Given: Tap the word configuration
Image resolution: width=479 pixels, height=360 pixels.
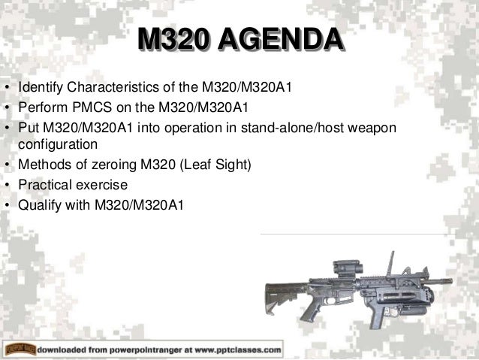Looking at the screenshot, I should tap(58, 143).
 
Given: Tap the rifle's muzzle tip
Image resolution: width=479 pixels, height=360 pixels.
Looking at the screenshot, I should tap(449, 281).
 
